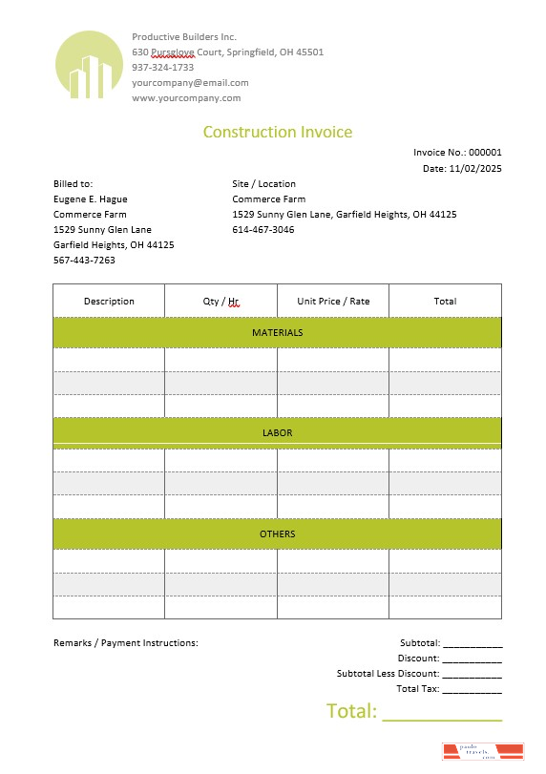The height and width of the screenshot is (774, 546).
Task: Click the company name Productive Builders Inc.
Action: tap(184, 36)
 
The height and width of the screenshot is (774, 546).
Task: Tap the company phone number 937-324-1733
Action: tap(163, 67)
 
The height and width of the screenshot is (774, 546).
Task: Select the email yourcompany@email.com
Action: tap(190, 82)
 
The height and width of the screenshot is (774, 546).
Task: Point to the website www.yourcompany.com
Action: tap(186, 97)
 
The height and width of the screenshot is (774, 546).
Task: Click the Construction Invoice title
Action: tap(277, 132)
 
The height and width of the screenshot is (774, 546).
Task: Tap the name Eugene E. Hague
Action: tap(91, 199)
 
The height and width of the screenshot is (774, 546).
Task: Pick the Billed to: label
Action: tap(73, 183)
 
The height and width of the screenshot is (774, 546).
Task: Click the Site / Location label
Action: tap(264, 183)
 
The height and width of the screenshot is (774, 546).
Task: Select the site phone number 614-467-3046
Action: tap(263, 229)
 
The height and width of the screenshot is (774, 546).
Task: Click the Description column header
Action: tap(109, 301)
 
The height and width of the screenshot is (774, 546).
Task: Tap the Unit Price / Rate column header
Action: tap(333, 301)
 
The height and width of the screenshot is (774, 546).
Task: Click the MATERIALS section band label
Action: tap(277, 332)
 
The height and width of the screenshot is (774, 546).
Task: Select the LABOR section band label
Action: tap(277, 432)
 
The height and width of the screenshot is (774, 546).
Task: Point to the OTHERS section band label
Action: tap(277, 533)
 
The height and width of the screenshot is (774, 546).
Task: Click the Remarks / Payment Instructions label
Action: tap(126, 642)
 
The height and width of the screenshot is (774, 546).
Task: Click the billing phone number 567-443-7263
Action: tap(84, 260)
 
